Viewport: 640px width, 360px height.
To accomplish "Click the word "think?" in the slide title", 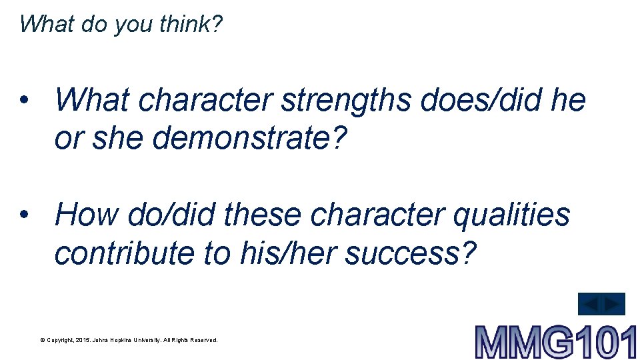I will coord(191,24).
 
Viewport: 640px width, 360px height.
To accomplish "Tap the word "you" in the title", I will coord(135,25).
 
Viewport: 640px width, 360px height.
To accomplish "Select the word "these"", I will coord(265,215).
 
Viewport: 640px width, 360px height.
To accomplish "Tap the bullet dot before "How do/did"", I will coord(24,215).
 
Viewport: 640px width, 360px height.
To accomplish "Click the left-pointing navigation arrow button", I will coord(590,304).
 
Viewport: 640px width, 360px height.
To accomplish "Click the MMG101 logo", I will coord(555,342).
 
